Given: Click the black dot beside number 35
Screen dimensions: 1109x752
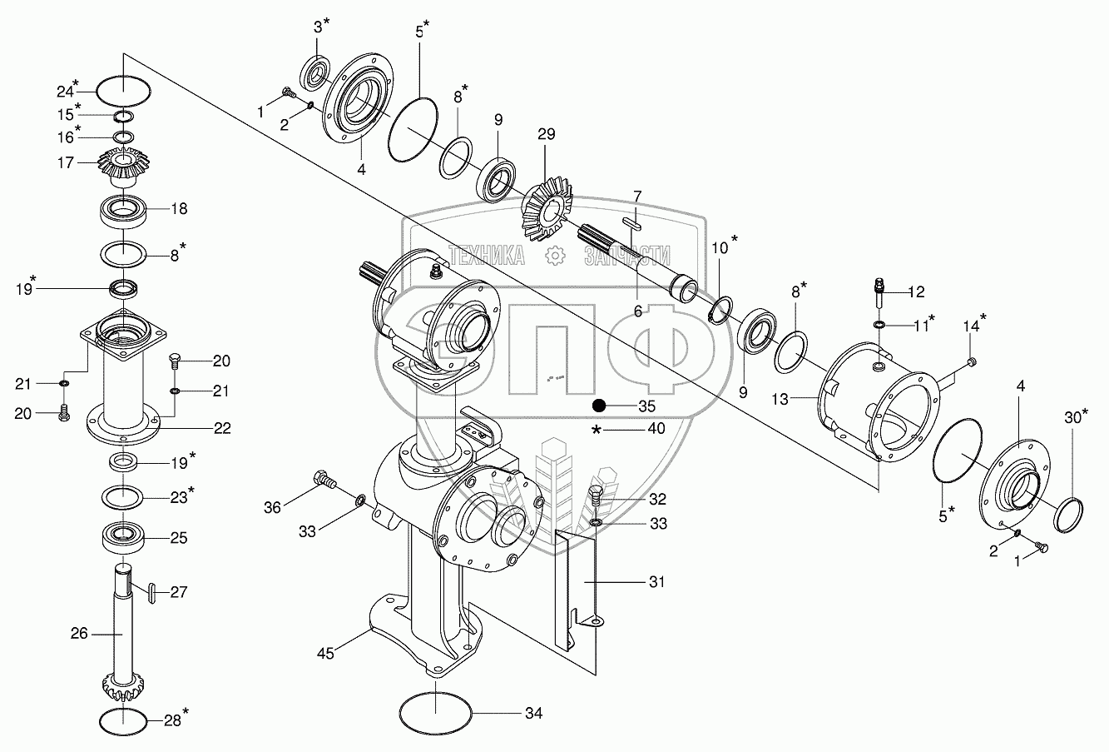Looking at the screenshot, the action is pos(599,406).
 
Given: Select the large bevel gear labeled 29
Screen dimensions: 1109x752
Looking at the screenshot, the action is pos(547,211).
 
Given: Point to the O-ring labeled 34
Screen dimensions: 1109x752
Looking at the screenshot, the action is pos(436,714).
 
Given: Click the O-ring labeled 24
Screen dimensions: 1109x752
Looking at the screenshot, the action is pos(123,92).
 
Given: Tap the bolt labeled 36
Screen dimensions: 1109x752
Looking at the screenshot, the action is pos(324,480).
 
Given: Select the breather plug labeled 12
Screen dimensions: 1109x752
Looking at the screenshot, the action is pos(879,292).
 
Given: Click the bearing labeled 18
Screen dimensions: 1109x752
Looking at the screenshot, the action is pos(122,212).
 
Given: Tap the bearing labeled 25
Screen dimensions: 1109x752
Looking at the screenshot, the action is pos(124,537).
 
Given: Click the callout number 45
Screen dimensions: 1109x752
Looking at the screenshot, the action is pos(325,654).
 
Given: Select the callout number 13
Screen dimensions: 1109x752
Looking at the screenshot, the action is pos(780,399).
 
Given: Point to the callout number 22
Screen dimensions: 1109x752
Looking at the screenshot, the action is pos(222,428).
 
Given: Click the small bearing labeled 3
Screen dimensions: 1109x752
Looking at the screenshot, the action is pos(315,74).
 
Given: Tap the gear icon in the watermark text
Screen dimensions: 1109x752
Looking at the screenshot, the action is pos(555,256).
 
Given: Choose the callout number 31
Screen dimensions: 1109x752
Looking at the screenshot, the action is pos(656,582).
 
